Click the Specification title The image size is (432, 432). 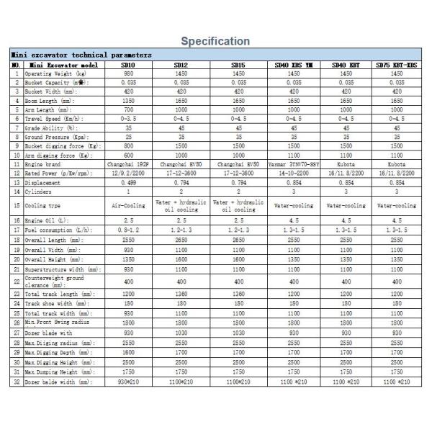[215, 41]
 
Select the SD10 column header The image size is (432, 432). [127, 65]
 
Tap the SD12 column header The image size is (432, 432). [182, 65]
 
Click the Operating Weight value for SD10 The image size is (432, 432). [127, 73]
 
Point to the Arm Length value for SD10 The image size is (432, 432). [127, 109]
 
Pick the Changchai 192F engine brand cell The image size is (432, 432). [127, 164]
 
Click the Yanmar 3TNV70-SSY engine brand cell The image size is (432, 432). [294, 164]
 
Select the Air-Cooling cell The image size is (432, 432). [127, 205]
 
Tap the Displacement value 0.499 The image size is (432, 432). [127, 182]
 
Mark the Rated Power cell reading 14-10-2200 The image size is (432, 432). [294, 173]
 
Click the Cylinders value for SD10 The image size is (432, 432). [127, 192]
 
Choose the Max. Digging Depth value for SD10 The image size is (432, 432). [127, 354]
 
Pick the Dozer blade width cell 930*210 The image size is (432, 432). [127, 381]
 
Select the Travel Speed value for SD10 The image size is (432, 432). [127, 119]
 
